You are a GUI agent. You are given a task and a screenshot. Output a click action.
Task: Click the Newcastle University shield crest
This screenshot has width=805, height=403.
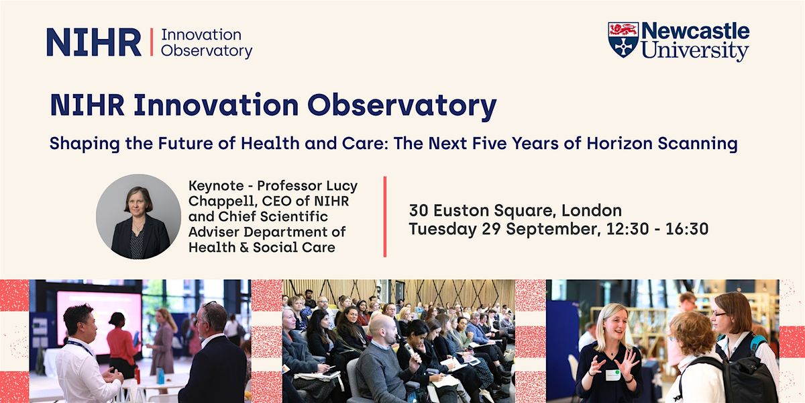(623, 40)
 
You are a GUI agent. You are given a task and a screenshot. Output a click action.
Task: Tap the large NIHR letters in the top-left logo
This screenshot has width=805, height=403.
(94, 42)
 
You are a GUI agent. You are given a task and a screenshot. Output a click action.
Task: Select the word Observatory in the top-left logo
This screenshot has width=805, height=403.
(207, 51)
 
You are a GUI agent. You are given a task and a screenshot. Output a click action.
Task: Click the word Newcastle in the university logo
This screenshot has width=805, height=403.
(696, 32)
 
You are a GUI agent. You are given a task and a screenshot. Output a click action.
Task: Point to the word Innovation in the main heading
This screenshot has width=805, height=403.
(216, 105)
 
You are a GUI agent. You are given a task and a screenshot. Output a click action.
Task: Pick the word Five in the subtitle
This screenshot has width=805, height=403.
(490, 143)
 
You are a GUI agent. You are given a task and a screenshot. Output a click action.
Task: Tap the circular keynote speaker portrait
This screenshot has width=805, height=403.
(138, 216)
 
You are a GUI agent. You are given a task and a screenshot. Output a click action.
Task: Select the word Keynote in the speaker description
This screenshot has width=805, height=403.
(216, 186)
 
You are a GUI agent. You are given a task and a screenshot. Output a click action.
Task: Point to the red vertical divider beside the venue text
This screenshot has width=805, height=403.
(385, 216)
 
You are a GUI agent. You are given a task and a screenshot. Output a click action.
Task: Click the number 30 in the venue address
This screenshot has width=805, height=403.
(419, 210)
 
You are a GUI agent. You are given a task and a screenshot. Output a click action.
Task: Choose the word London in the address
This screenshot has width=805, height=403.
(592, 210)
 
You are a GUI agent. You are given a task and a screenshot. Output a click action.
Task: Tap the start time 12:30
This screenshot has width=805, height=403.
(627, 229)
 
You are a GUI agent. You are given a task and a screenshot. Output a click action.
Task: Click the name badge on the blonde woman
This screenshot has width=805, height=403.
(612, 375)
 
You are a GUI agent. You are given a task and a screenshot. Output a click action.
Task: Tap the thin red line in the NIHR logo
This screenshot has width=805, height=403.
(152, 42)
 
